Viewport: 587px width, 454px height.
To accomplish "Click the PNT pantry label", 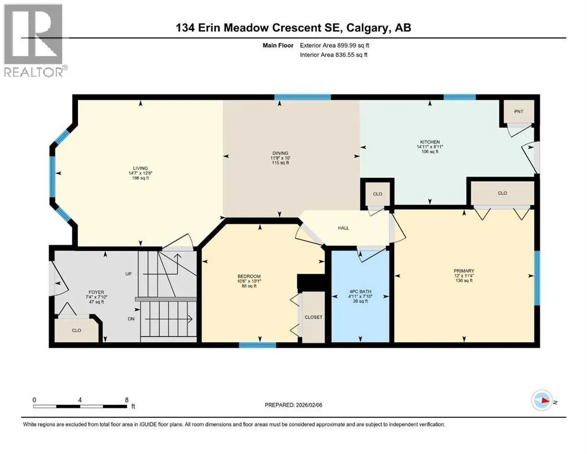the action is pos(518,112).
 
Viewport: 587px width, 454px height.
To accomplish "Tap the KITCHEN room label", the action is pos(430,142).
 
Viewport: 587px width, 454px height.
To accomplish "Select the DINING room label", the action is pos(280,153).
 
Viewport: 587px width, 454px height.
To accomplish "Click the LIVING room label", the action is pos(140,168).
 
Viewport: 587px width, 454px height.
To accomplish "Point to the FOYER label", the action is pos(96,292).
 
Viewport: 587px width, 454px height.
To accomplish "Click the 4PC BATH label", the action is pos(360,291).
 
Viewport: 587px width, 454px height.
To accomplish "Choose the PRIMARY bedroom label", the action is pos(464,271).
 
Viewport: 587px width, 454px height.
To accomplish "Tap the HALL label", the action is pos(343,228).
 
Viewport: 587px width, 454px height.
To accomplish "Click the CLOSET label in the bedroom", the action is pos(313,317).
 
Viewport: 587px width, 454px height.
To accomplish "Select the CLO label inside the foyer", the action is pos(76,330).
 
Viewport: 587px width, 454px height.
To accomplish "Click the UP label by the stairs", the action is pos(128,274).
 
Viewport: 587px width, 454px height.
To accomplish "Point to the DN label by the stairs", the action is pos(131,319).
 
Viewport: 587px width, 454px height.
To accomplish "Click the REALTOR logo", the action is pos(35,40).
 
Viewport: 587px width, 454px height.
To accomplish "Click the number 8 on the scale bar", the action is pos(127,400).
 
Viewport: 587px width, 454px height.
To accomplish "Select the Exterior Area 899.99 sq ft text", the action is pos(335,46).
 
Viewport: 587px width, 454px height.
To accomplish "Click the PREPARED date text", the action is pos(293,405).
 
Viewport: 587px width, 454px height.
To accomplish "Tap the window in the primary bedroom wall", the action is pos(537,278).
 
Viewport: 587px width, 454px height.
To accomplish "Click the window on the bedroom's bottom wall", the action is pos(258,345).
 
